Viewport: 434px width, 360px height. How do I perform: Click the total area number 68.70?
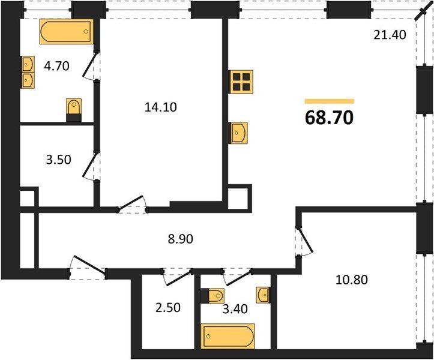329,118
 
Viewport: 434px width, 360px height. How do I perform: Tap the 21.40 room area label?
390,35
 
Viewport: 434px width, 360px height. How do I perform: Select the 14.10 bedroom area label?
160,107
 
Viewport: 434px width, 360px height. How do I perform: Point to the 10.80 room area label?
352,280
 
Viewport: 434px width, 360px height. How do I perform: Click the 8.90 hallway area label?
181,239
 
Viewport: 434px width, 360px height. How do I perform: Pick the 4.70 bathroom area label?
57,66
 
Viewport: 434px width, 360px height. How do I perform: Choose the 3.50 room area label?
59,160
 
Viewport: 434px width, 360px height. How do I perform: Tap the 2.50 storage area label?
168,307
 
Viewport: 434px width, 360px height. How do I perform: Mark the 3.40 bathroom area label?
235,309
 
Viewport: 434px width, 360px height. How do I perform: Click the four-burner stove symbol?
241,82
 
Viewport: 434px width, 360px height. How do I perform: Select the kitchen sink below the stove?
238,133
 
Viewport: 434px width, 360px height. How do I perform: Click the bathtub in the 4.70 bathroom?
67,32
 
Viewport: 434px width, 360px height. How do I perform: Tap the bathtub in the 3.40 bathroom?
228,336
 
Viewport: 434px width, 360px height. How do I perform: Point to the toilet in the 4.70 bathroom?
74,110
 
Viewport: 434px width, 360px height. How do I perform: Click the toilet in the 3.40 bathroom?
212,296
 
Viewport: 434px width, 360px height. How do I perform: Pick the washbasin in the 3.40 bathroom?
263,295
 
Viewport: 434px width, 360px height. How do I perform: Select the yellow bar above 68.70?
330,101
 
